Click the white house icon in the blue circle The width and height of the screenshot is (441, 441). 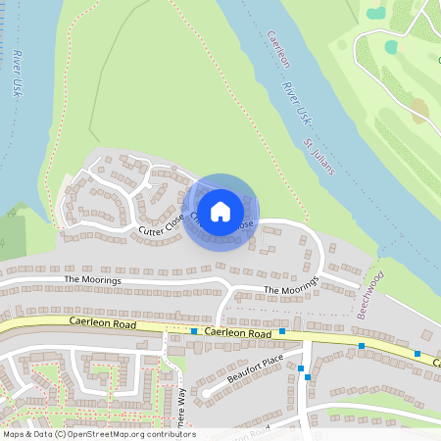pos(220,212)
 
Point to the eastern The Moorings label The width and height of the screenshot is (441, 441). pos(292,287)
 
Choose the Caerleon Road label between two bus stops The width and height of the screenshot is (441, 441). pos(238,333)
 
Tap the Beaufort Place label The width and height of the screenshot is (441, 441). pos(255,370)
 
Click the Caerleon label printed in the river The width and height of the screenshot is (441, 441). pos(279,50)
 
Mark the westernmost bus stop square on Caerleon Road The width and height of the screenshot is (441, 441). pos(194,332)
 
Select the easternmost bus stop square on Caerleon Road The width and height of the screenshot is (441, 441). pos(417,354)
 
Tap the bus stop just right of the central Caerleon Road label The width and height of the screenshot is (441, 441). pos(282,332)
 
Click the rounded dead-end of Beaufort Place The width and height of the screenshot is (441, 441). pos(205,393)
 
